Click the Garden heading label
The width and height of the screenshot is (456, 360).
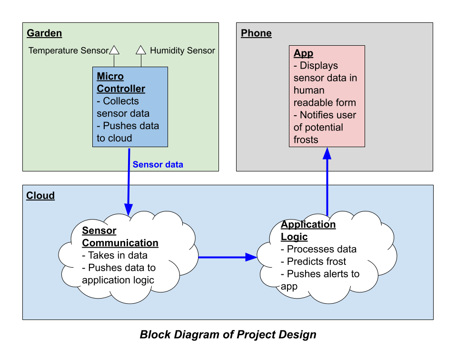click(x=44, y=33)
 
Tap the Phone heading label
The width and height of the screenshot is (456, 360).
click(x=256, y=33)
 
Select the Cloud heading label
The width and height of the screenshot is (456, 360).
click(x=40, y=196)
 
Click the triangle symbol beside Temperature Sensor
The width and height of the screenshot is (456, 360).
click(x=114, y=50)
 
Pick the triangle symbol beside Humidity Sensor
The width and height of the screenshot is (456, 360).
click(x=141, y=50)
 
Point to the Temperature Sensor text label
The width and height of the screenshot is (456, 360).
click(x=69, y=50)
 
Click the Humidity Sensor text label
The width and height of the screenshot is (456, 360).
click(x=182, y=50)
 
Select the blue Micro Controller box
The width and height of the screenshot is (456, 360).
click(x=130, y=107)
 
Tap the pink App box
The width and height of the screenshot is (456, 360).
click(x=327, y=96)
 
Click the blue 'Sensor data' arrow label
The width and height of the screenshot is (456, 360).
click(x=158, y=165)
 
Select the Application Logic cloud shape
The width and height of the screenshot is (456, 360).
click(x=327, y=257)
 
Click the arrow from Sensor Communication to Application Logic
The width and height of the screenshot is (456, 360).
click(x=227, y=258)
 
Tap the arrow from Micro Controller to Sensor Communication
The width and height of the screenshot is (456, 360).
click(x=129, y=181)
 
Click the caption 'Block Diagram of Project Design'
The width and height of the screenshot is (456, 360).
click(x=228, y=334)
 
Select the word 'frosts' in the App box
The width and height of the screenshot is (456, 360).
click(x=306, y=140)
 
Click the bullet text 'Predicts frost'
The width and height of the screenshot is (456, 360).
click(x=314, y=261)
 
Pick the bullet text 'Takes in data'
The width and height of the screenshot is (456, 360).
click(x=115, y=255)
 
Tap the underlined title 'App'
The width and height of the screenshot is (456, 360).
click(x=303, y=53)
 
